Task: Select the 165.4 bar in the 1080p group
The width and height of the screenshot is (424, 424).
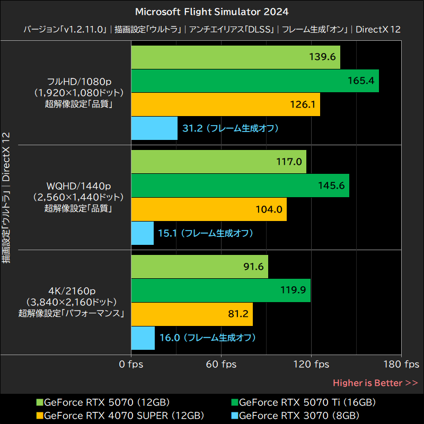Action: point(254,81)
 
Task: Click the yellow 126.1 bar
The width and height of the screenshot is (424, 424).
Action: point(225,104)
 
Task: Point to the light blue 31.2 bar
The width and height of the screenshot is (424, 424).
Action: point(154,128)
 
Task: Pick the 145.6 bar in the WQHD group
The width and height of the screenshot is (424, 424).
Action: point(240,185)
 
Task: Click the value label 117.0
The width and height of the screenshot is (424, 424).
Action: point(289,162)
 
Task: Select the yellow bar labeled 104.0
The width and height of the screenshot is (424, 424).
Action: point(208,209)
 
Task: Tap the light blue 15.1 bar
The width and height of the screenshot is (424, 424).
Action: point(142,233)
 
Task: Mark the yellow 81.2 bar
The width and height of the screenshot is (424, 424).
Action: point(191,314)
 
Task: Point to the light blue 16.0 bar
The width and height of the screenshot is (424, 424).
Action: point(143,338)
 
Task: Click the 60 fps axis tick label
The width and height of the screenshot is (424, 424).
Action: point(221,364)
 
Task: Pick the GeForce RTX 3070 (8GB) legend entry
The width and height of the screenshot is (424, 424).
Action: point(299,415)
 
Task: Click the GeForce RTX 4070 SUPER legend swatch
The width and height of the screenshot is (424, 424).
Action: point(40,415)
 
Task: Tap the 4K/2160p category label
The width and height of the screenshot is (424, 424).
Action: point(72,291)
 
